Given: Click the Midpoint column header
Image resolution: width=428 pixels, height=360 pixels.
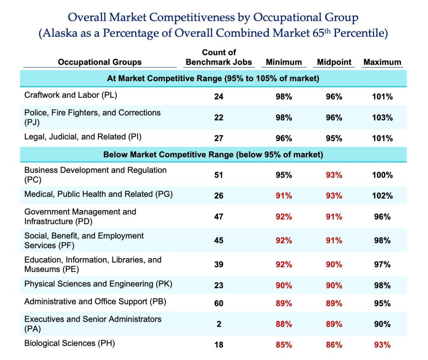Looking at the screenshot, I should point(334,62).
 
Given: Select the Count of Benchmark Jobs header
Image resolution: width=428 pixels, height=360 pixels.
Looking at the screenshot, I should point(219,58).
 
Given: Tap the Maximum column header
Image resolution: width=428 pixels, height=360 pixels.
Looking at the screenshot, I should point(382,62).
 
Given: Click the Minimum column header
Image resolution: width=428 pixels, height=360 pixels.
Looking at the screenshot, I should point(284,62).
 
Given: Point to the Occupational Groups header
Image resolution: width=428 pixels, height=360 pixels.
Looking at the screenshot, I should point(99,62).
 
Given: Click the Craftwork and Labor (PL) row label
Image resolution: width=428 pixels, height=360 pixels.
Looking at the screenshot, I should point(71,95).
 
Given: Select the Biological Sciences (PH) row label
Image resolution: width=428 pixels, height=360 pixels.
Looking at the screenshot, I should point(69,343).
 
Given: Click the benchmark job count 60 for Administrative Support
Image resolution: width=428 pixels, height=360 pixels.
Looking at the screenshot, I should point(219,303).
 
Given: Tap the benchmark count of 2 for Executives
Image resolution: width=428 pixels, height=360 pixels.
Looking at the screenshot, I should point(219,324).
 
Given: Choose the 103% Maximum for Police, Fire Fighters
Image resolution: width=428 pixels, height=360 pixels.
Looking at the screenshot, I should point(382,118).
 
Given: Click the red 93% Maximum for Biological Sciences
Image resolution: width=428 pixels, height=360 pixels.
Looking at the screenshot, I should point(382,345).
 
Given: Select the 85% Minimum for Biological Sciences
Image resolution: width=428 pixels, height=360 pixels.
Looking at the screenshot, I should point(284,345).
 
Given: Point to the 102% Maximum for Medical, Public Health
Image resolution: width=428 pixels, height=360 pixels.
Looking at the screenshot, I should point(382,195).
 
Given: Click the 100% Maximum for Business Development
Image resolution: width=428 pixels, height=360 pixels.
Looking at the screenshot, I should point(382,175).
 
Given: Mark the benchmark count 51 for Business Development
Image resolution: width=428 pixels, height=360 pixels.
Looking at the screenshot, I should point(219,175).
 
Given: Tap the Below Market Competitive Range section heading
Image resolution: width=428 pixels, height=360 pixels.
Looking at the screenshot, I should point(213,155).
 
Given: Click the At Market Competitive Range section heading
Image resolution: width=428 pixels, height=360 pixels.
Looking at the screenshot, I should point(213,78).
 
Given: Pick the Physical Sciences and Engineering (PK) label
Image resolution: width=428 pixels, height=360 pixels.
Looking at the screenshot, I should point(98,284).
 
